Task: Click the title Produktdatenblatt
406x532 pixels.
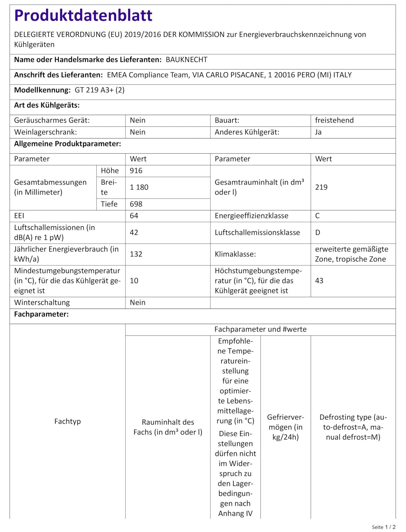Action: [83, 15]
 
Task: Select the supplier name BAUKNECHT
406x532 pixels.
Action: [186, 60]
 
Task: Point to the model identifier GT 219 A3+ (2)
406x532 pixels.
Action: [99, 90]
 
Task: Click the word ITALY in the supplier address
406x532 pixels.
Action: [342, 75]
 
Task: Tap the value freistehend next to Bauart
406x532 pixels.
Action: [334, 120]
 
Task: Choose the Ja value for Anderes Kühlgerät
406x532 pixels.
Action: [318, 132]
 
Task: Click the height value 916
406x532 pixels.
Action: [136, 171]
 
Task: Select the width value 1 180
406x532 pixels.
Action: [139, 187]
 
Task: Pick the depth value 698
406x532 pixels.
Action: [136, 204]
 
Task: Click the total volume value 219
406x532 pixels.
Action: [321, 187]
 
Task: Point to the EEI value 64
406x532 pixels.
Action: [134, 216]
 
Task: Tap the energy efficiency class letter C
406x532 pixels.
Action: [317, 216]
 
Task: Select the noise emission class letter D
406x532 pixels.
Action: [318, 233]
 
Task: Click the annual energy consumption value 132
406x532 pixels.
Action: [136, 254]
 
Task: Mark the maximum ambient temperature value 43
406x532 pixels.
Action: [319, 281]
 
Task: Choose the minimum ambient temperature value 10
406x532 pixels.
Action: [134, 281]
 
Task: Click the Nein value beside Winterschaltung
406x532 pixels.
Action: [137, 303]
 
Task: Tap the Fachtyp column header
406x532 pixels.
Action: [67, 421]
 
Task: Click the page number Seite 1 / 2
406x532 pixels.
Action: [383, 527]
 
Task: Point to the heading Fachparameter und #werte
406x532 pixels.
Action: [260, 330]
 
